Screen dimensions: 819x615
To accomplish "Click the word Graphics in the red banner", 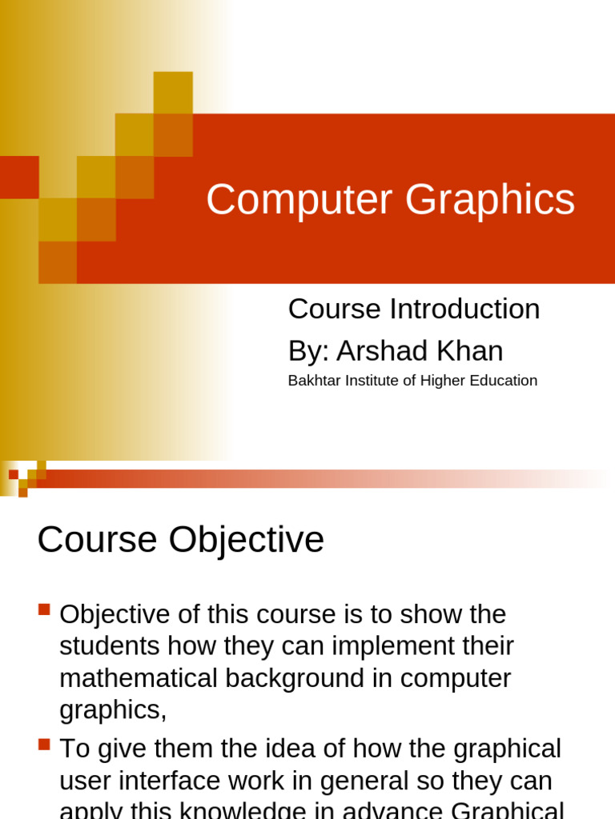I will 490,199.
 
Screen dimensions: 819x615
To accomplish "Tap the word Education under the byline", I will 503,381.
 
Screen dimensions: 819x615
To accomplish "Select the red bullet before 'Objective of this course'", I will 44,609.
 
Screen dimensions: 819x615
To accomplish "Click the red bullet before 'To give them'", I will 44,744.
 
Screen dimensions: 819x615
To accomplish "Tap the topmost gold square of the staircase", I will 173,91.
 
